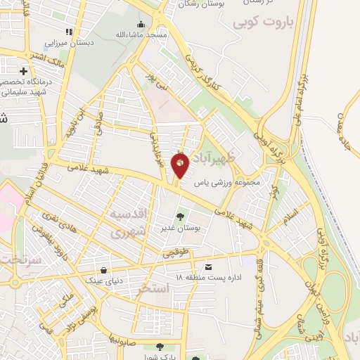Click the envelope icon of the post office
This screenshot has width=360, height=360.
coord(208,266)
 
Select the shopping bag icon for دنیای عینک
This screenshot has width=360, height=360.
coord(104,269)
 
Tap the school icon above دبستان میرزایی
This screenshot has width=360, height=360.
coord(69,32)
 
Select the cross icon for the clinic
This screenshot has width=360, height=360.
coord(25,72)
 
